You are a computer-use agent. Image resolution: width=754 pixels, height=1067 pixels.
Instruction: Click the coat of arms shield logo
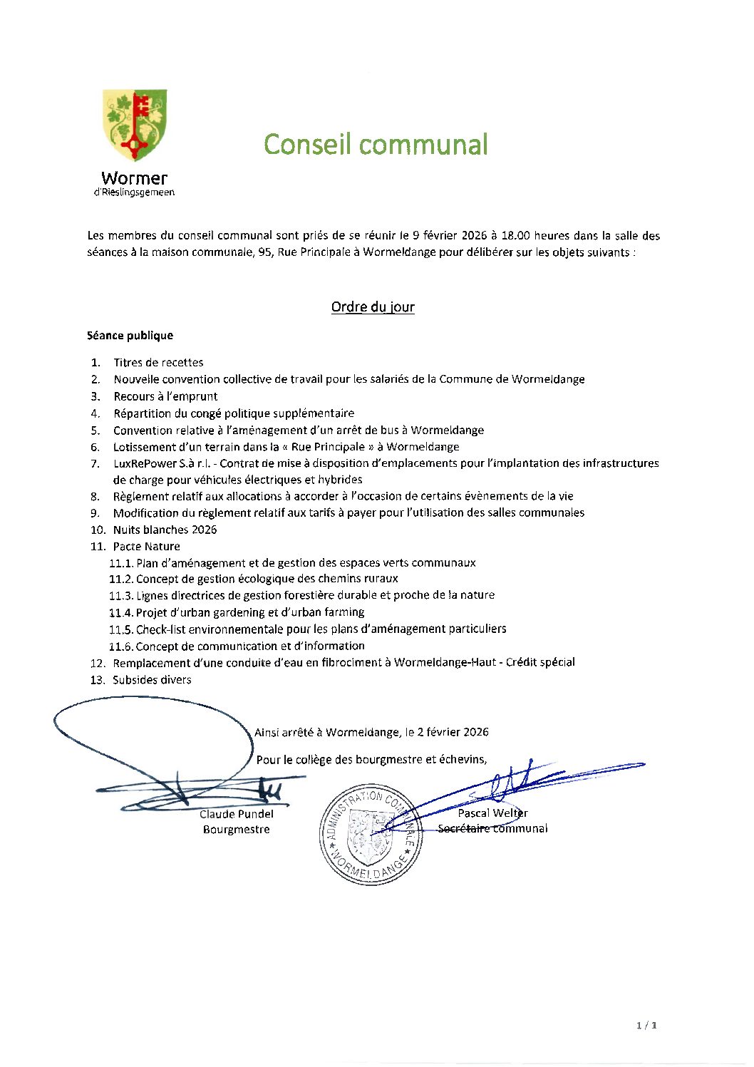point(135,125)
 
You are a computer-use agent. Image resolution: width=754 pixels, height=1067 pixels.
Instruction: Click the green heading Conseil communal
point(376,144)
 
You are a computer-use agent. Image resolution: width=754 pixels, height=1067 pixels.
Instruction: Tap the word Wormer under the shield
point(134,178)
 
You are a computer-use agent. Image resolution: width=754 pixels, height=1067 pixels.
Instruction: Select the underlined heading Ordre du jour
point(373,307)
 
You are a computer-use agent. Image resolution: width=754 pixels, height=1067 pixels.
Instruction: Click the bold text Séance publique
point(130,336)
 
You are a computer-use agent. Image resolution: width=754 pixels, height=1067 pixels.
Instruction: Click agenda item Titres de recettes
point(158,363)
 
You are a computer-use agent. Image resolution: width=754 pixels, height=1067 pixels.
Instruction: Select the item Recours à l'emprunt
point(165,396)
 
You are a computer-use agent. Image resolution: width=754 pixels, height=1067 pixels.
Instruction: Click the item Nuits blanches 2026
point(165,530)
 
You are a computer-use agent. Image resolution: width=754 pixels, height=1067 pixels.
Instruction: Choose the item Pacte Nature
point(146,547)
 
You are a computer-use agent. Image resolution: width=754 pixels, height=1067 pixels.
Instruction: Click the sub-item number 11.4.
point(120,612)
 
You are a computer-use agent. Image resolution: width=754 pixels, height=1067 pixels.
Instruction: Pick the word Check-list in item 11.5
point(160,629)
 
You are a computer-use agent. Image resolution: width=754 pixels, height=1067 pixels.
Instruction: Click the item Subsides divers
point(152,680)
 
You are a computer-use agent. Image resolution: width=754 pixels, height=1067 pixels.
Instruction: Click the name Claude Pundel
point(236,814)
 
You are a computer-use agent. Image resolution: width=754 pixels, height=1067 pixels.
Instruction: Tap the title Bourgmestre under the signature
point(236,830)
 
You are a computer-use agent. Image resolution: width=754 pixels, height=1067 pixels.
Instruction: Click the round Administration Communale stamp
point(368,835)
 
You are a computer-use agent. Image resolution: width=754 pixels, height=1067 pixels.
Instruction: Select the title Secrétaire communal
point(492,828)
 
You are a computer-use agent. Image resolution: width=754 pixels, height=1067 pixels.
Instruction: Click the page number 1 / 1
point(646,1025)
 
